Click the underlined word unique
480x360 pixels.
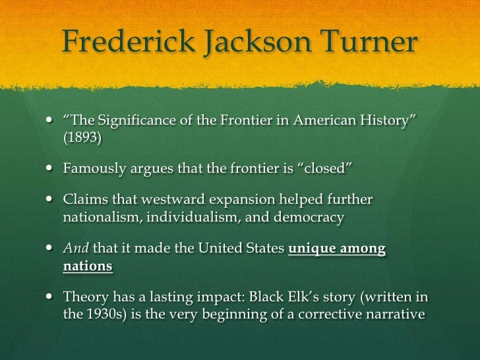click(313, 249)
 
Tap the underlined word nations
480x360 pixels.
click(88, 267)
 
